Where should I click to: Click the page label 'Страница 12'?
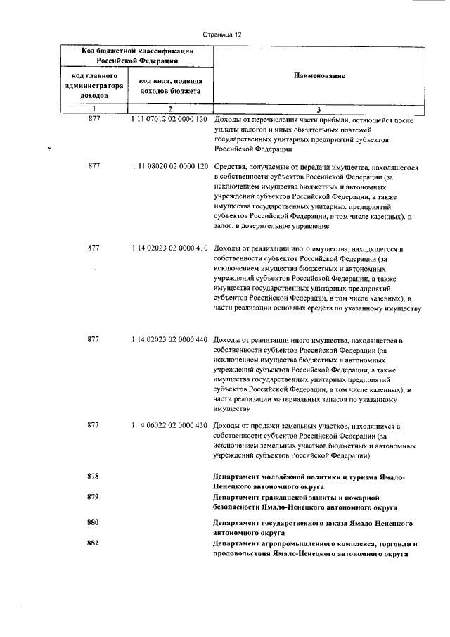222,32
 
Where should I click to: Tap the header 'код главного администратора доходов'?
94,83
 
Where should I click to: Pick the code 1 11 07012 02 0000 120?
169,120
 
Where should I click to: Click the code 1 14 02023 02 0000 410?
169,248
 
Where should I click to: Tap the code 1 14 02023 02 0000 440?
169,340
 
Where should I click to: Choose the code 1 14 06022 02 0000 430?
169,426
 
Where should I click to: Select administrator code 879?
94,497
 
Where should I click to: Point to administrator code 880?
94,523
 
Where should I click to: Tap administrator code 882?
94,543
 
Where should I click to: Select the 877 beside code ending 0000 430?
94,426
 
